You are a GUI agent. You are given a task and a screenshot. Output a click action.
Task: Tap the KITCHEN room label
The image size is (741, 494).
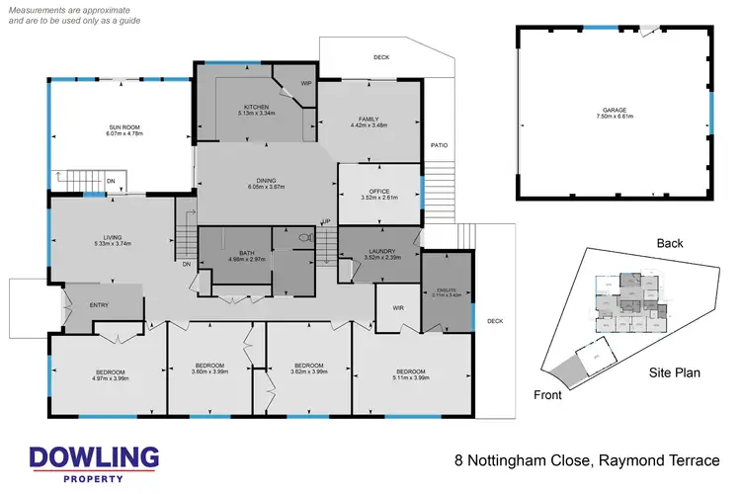pos(243,106)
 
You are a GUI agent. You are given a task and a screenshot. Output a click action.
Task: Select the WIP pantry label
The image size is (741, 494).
pos(305,84)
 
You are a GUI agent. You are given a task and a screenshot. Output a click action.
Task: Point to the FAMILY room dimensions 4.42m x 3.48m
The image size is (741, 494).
pos(369,125)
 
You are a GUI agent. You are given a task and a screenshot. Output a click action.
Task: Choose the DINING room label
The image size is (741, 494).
pos(266,180)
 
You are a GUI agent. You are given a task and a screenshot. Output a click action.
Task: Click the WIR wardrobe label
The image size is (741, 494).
pos(399,308)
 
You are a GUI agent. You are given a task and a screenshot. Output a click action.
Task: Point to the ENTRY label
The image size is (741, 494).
pos(100,305)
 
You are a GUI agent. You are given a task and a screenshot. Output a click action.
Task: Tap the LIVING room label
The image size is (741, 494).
pos(113,237)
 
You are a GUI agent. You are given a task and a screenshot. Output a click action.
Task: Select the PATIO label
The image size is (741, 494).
pos(439,146)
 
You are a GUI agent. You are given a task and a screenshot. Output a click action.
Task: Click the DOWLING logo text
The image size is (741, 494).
pos(94,457)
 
